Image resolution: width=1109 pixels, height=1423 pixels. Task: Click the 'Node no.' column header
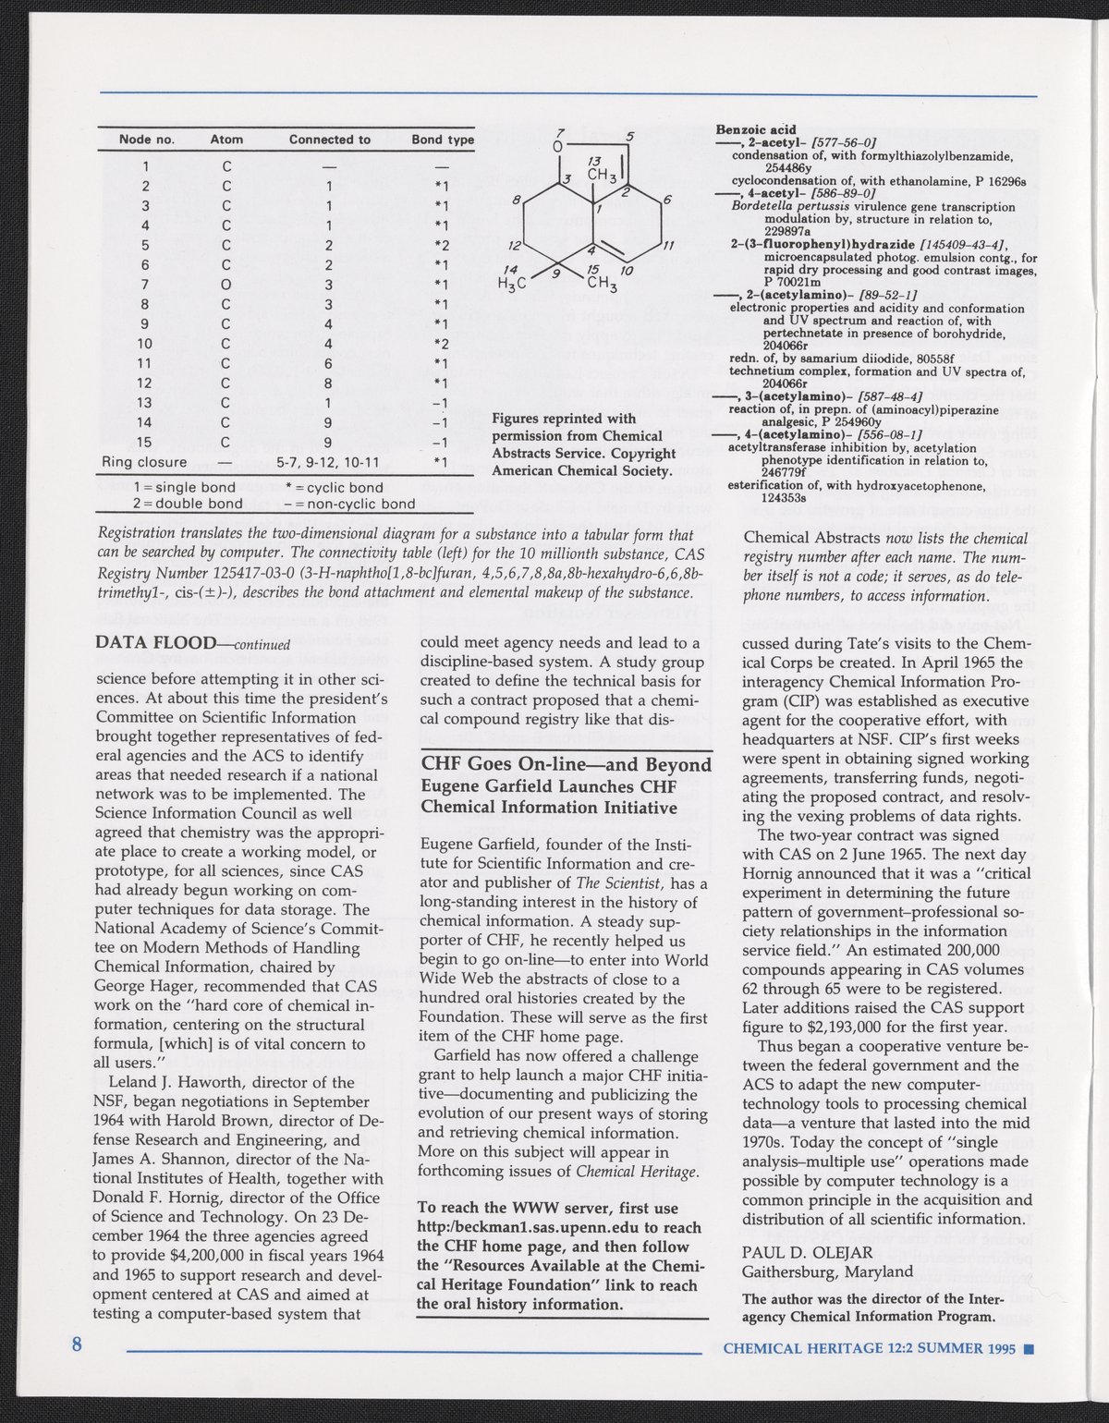pos(147,140)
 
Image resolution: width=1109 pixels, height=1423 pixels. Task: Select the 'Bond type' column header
pos(443,140)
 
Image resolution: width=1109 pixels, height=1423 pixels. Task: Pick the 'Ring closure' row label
pos(144,462)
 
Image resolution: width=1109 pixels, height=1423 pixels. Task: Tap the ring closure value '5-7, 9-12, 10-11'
pos(330,462)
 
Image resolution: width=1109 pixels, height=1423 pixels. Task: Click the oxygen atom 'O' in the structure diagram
pos(558,147)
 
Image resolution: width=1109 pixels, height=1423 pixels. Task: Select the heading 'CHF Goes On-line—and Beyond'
pos(566,765)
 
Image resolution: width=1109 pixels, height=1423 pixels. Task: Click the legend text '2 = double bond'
pos(188,504)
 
